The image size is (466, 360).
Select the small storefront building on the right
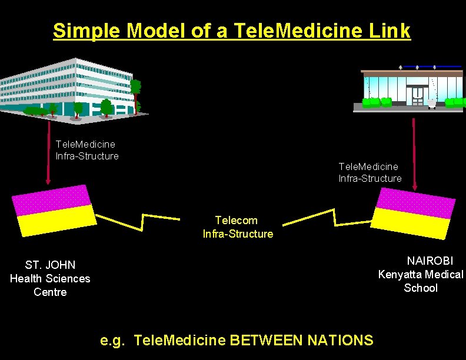point(412,88)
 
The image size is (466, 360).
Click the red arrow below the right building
point(414,153)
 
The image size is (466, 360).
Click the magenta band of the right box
point(416,202)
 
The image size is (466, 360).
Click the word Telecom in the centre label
point(236,220)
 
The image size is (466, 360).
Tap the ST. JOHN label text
point(50,265)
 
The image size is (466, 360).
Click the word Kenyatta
point(400,274)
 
